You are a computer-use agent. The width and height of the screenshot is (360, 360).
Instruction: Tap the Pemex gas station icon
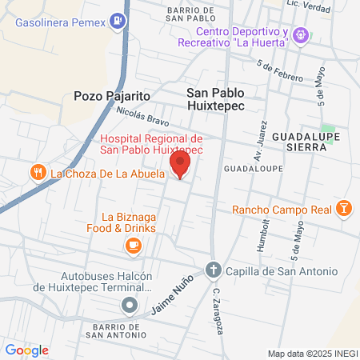pyautogui.click(x=118, y=21)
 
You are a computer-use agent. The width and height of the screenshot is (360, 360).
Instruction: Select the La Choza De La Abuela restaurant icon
pyautogui.click(x=37, y=172)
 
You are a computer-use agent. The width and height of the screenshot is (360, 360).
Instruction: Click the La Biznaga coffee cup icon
pyautogui.click(x=134, y=245)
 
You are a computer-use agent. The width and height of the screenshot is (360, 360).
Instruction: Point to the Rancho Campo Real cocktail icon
pyautogui.click(x=343, y=210)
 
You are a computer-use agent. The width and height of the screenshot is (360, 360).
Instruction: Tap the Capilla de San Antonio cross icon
pyautogui.click(x=213, y=270)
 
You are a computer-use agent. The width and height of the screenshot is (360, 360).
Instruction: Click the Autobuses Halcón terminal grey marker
pyautogui.click(x=130, y=305)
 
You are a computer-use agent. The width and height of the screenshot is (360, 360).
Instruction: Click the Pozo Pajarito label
pyautogui.click(x=112, y=95)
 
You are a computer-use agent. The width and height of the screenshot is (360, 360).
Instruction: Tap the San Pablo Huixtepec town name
pyautogui.click(x=215, y=100)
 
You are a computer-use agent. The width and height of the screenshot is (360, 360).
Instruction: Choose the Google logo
pyautogui.click(x=26, y=350)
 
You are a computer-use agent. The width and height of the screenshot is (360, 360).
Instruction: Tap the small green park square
pyautogui.click(x=327, y=129)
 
